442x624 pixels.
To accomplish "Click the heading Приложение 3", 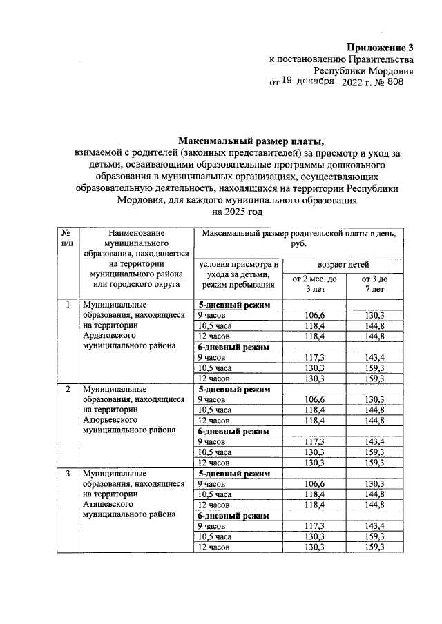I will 379,48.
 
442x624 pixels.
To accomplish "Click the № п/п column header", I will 67,239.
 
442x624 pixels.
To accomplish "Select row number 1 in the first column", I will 67,304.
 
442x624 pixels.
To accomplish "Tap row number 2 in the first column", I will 67,389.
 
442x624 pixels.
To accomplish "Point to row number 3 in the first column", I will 67,474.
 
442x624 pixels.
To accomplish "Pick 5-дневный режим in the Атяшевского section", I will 233,474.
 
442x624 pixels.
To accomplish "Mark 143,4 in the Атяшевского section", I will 374,526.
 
